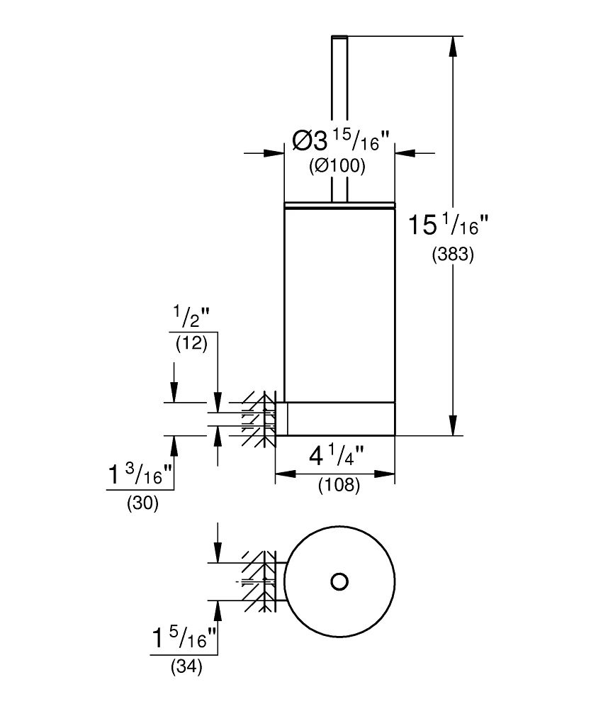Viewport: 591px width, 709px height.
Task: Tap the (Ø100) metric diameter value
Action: coord(337,167)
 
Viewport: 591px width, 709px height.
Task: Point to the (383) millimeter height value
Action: coord(453,255)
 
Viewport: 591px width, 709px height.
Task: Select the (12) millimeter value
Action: coord(191,344)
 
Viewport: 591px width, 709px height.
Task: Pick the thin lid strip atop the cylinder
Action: coord(339,206)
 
